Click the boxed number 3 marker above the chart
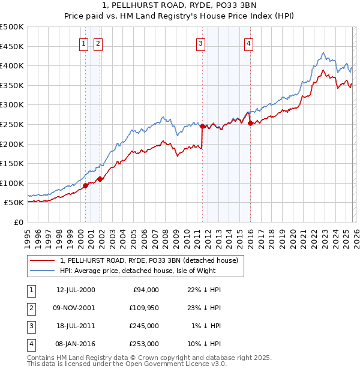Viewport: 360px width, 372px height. pos(200,43)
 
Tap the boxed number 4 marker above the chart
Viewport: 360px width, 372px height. pos(248,43)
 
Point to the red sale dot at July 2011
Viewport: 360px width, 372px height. pos(202,126)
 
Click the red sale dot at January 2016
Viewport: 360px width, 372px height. pos(250,123)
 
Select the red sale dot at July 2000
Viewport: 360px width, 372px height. pos(85,185)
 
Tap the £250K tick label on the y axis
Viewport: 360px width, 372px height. pos(12,124)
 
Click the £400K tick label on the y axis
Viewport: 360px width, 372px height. pos(12,65)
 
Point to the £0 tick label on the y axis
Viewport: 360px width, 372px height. pos(18,222)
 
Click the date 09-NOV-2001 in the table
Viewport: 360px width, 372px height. pos(74,308)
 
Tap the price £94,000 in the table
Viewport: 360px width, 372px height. pos(145,290)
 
